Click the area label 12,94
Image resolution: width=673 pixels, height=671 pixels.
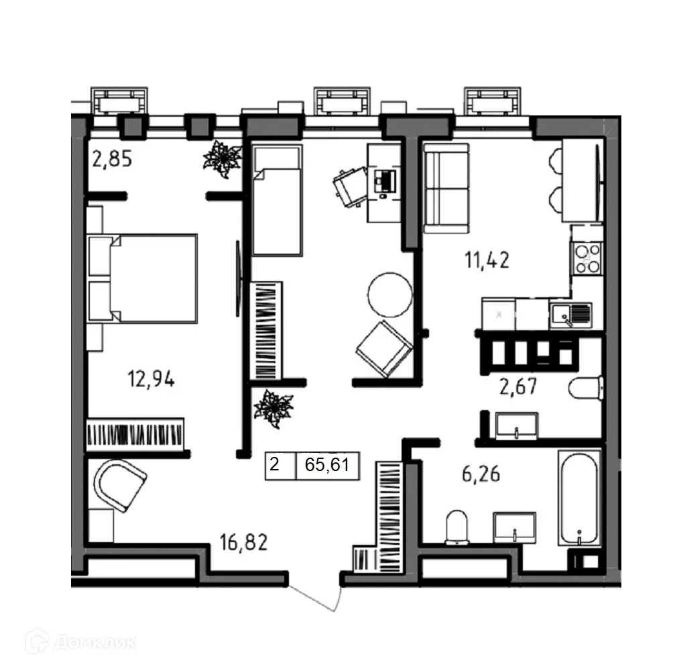click(151, 380)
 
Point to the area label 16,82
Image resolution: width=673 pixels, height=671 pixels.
click(244, 541)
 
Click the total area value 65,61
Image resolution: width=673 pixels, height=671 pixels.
click(327, 464)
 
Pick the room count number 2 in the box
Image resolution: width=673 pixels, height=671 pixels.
click(274, 464)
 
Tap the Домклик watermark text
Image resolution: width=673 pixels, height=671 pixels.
click(94, 641)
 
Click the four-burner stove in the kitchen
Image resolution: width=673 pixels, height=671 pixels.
click(587, 258)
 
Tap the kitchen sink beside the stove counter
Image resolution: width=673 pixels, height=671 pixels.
click(570, 313)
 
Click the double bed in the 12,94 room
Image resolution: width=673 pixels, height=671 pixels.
click(144, 278)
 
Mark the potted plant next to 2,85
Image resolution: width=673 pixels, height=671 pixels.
click(222, 159)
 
